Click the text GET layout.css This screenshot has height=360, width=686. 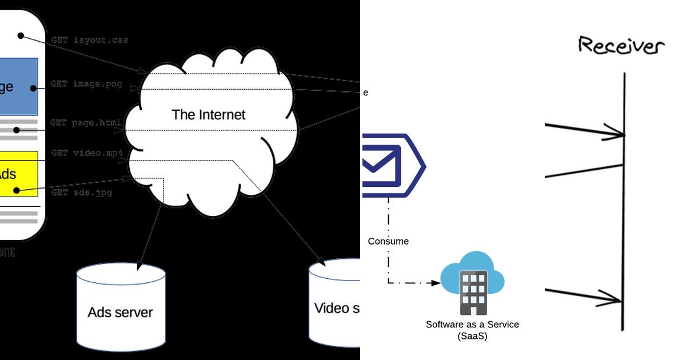(89, 41)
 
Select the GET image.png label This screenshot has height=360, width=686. (86, 84)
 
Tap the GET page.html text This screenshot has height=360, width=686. (85, 123)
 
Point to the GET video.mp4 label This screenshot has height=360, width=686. (87, 153)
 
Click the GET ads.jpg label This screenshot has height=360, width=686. (81, 193)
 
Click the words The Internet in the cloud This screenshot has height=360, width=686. (208, 114)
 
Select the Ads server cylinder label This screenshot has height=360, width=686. (120, 312)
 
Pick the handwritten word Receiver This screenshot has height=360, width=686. (621, 46)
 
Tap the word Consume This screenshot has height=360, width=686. (388, 241)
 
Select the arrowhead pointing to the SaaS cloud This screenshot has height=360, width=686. (436, 282)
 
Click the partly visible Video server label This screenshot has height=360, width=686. (337, 309)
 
